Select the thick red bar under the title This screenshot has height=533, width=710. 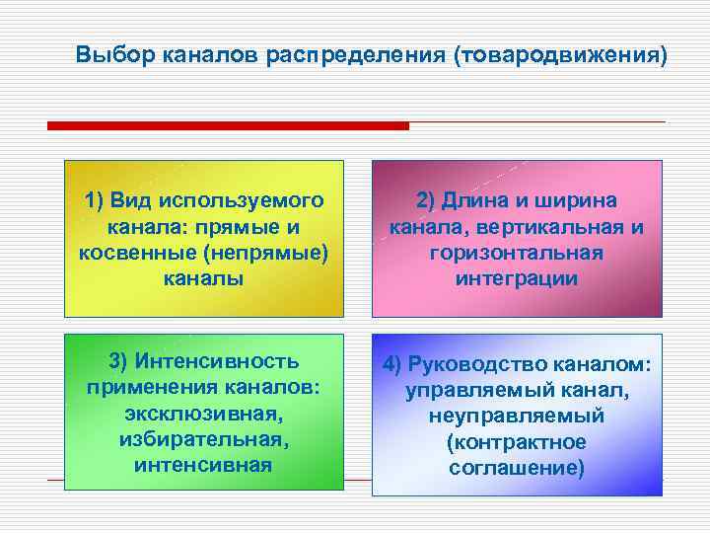228,126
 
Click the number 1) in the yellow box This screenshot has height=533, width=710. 95,201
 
